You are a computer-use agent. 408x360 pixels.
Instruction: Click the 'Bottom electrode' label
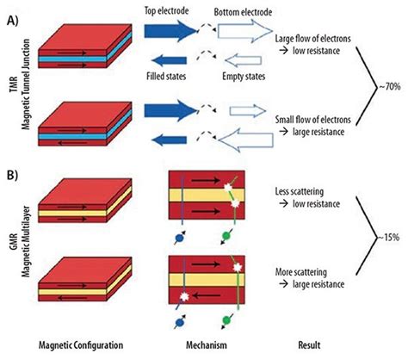coord(243,15)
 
